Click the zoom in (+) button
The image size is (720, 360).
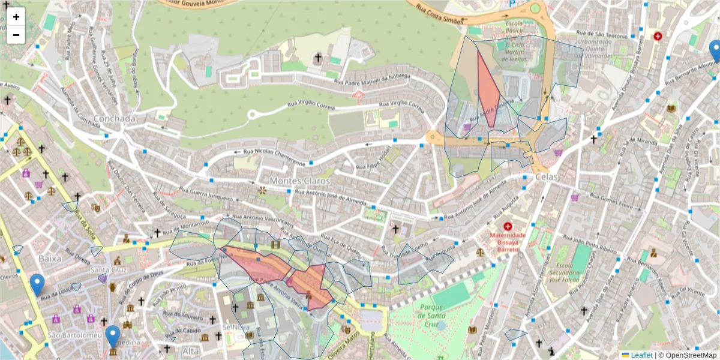pyautogui.click(x=16, y=17)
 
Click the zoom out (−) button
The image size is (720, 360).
pyautogui.click(x=16, y=35)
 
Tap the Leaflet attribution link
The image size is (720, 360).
pyautogui.click(x=641, y=355)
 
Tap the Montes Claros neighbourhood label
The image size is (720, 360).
pyautogui.click(x=296, y=181)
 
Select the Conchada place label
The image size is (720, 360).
pyautogui.click(x=115, y=118)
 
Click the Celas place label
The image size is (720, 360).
pyautogui.click(x=543, y=178)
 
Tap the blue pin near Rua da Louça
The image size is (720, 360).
pyautogui.click(x=37, y=284)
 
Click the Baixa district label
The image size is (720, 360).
pyautogui.click(x=50, y=258)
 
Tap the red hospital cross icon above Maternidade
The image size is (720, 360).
pyautogui.click(x=508, y=226)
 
